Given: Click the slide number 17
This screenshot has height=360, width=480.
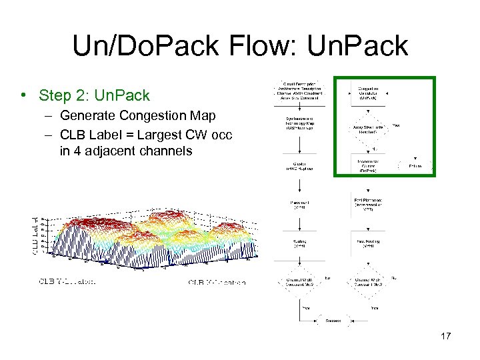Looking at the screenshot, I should (445, 336).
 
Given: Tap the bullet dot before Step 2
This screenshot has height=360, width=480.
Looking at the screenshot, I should (25, 95).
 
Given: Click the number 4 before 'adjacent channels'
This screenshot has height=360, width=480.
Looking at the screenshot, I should (65, 151).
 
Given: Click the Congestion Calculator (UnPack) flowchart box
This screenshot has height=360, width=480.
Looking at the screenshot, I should (369, 94).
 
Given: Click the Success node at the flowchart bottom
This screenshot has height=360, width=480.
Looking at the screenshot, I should (333, 321).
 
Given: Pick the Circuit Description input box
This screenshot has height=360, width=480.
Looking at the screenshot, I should (298, 94).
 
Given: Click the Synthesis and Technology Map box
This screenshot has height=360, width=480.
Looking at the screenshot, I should (298, 124).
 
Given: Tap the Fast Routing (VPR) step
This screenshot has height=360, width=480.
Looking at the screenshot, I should (369, 244).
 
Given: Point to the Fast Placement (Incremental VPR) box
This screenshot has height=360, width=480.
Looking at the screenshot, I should (369, 203).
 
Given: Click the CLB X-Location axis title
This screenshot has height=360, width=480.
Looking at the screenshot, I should (217, 282).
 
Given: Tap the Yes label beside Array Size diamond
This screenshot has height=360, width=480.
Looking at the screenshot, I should (396, 124).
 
